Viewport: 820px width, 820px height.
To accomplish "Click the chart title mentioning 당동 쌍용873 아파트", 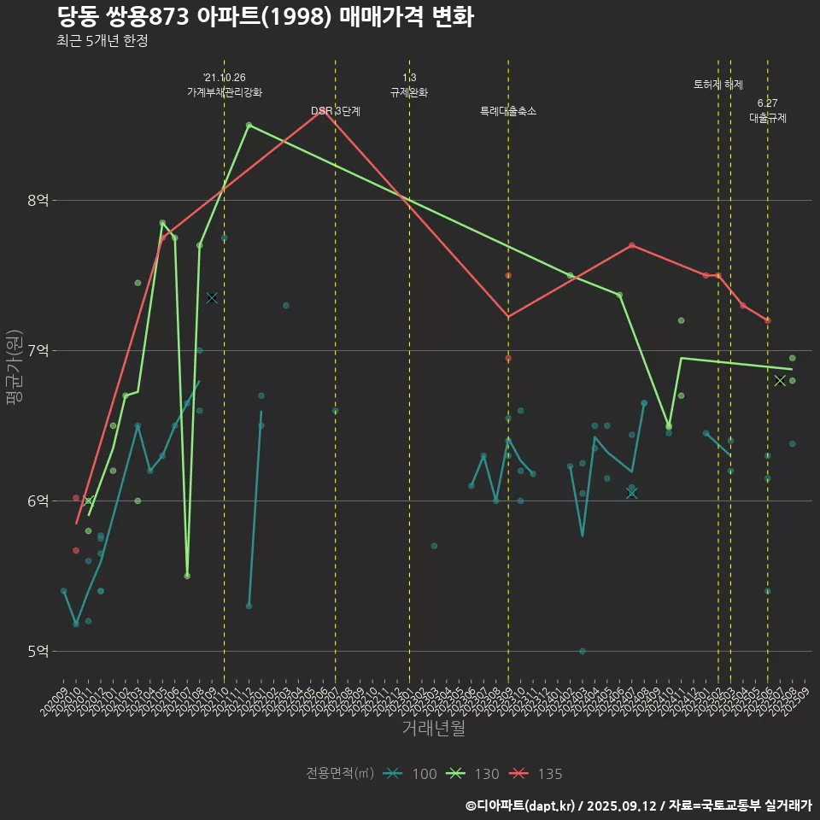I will [x=265, y=17].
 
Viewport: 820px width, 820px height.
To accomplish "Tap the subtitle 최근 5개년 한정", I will [x=102, y=41].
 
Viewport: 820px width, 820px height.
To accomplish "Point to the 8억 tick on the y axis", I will [x=38, y=200].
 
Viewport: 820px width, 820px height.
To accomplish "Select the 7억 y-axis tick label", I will [x=38, y=350].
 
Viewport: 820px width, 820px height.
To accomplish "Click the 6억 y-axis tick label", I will [x=38, y=501].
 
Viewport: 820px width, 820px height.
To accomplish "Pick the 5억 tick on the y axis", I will [x=38, y=651].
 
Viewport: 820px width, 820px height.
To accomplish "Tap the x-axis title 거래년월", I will [x=433, y=728].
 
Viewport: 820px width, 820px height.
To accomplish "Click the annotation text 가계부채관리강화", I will [x=225, y=92].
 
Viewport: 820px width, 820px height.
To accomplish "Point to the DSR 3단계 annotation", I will [x=336, y=111].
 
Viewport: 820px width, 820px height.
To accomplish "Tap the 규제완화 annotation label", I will [x=409, y=92].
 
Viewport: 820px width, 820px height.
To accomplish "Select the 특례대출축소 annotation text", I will [x=508, y=111].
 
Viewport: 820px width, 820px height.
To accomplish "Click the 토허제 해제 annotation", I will [x=718, y=85].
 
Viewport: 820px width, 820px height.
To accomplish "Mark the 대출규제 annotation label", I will [x=768, y=119].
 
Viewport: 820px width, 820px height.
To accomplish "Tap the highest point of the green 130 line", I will [x=249, y=125].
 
